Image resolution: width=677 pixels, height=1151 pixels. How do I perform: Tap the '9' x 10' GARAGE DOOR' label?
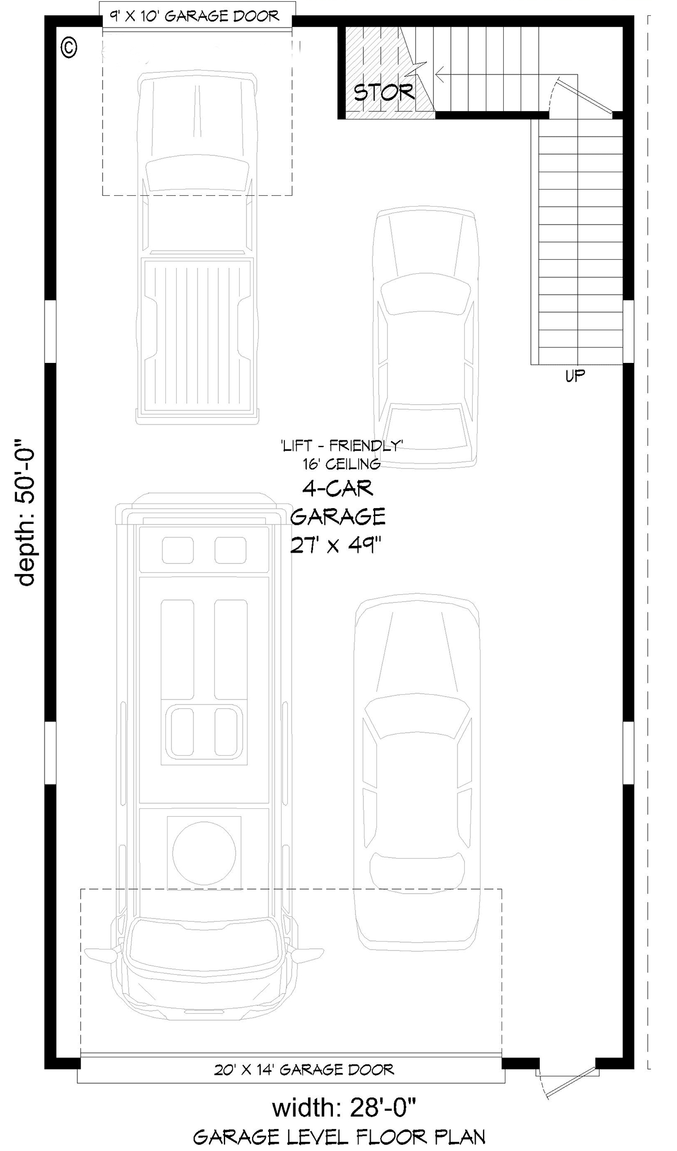[195, 16]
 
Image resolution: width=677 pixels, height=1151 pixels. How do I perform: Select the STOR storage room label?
[384, 91]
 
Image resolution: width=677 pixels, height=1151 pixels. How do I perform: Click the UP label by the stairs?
[575, 375]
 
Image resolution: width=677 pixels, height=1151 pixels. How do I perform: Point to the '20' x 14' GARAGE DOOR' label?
[304, 1069]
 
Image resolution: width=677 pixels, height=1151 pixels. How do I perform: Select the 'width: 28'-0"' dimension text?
[344, 1108]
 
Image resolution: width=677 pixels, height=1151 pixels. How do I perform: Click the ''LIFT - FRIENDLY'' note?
[340, 446]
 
